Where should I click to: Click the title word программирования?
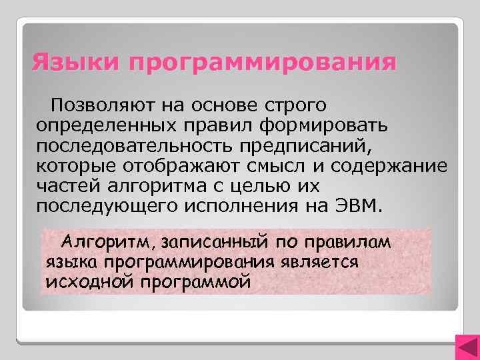click(x=263, y=65)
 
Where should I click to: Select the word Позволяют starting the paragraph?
click(x=103, y=105)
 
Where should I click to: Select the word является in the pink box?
click(x=323, y=262)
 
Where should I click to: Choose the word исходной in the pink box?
click(x=89, y=281)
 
